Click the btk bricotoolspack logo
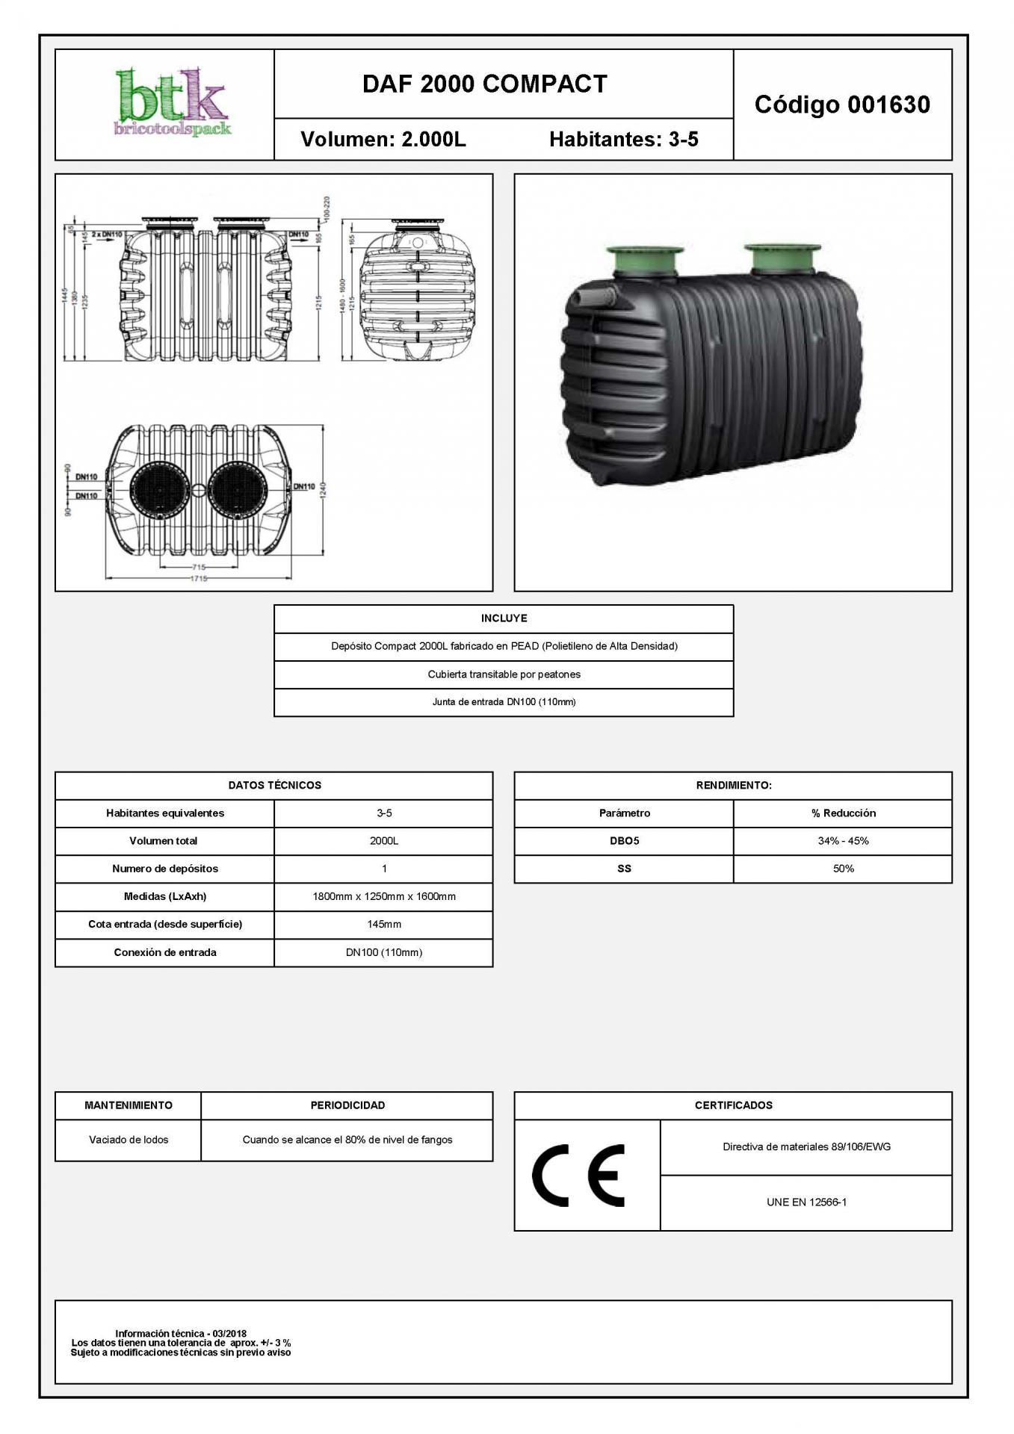click(x=172, y=105)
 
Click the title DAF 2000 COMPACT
click(x=484, y=84)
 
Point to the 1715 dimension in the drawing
click(x=198, y=578)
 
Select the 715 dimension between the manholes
click(x=198, y=568)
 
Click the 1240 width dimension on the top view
click(x=323, y=492)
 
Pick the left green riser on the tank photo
click(x=645, y=261)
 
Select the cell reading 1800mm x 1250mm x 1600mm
click(x=383, y=896)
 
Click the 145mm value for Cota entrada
click(x=383, y=925)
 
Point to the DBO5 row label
click(x=624, y=841)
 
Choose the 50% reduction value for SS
click(x=843, y=869)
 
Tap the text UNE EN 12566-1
click(x=806, y=1202)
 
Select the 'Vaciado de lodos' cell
click(x=129, y=1140)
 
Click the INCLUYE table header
click(x=504, y=618)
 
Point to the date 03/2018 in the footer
click(x=229, y=1333)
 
